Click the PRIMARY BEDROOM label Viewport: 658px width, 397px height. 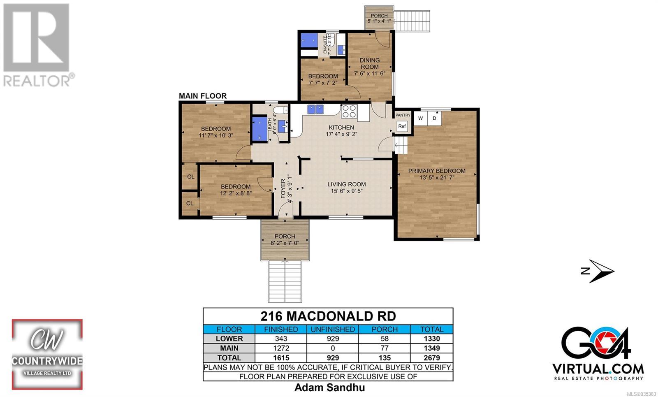437,171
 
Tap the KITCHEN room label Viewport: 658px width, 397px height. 341,128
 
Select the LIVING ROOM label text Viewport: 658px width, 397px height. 347,184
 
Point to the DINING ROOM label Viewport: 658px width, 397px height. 370,63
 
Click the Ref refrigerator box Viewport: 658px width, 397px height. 402,126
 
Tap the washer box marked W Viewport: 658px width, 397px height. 421,118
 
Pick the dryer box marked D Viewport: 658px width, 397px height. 434,118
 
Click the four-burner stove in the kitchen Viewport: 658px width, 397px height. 349,111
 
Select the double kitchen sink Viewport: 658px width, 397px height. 315,109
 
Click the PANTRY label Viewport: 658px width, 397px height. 403,115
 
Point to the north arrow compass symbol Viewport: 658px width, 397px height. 598,271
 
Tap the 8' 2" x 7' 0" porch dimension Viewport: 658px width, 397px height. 285,243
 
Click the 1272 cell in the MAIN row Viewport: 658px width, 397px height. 281,348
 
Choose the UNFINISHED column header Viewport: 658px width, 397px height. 333,330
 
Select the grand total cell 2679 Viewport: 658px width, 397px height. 432,358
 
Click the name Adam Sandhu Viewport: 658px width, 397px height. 329,388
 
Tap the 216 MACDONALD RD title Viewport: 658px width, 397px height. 328,316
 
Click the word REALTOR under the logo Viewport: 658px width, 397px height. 37,81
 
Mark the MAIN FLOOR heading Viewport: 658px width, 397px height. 203,96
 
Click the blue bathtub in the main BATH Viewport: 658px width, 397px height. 259,129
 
